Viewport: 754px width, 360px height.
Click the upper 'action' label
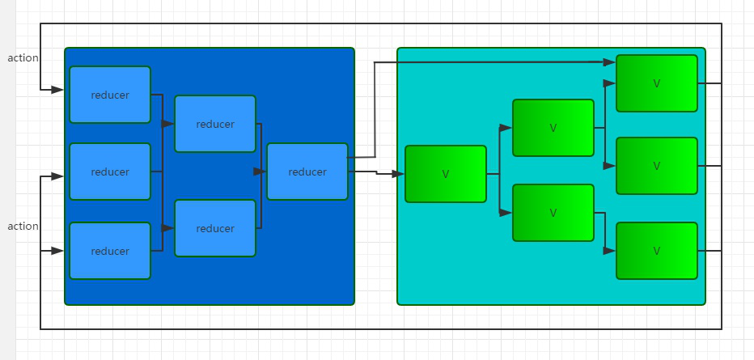click(x=23, y=58)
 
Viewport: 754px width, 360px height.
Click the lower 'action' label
click(x=23, y=227)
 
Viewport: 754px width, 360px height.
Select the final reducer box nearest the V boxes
click(x=307, y=172)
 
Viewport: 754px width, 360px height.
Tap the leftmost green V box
click(x=446, y=174)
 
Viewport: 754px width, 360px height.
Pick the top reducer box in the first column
click(x=110, y=95)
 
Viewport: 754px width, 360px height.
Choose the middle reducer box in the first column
click(x=110, y=172)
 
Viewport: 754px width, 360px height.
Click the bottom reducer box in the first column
click(x=110, y=251)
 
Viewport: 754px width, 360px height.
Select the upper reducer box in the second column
click(x=215, y=124)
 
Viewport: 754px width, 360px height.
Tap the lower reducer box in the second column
click(x=215, y=228)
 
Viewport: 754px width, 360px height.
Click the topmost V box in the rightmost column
click(x=657, y=83)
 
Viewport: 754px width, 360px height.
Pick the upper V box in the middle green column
click(x=553, y=128)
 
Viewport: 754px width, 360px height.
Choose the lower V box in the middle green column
click(x=553, y=213)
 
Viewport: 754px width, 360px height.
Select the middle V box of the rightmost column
click(x=657, y=166)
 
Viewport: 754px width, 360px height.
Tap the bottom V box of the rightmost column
click(x=657, y=251)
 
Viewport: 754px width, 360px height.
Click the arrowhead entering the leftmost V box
click(x=398, y=174)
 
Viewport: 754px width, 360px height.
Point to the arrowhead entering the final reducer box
click(x=261, y=172)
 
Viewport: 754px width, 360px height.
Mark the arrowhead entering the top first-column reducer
click(x=57, y=90)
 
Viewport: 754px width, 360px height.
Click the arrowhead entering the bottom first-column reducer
click(x=57, y=252)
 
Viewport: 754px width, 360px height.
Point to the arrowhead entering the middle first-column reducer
click(x=57, y=176)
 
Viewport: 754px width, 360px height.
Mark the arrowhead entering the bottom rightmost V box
click(x=610, y=252)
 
